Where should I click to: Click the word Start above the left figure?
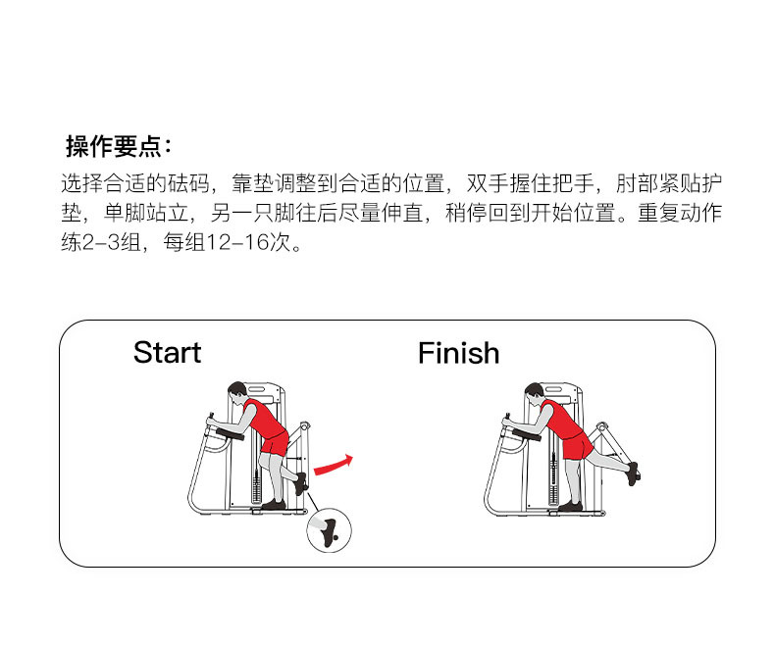point(167,353)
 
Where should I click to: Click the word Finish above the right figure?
point(458,353)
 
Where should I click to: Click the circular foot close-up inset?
point(327,531)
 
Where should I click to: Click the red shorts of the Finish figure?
point(577,447)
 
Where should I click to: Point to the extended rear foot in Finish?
point(633,473)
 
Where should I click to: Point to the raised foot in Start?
point(300,482)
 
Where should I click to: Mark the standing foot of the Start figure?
point(274,504)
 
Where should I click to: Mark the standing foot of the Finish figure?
point(570,506)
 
